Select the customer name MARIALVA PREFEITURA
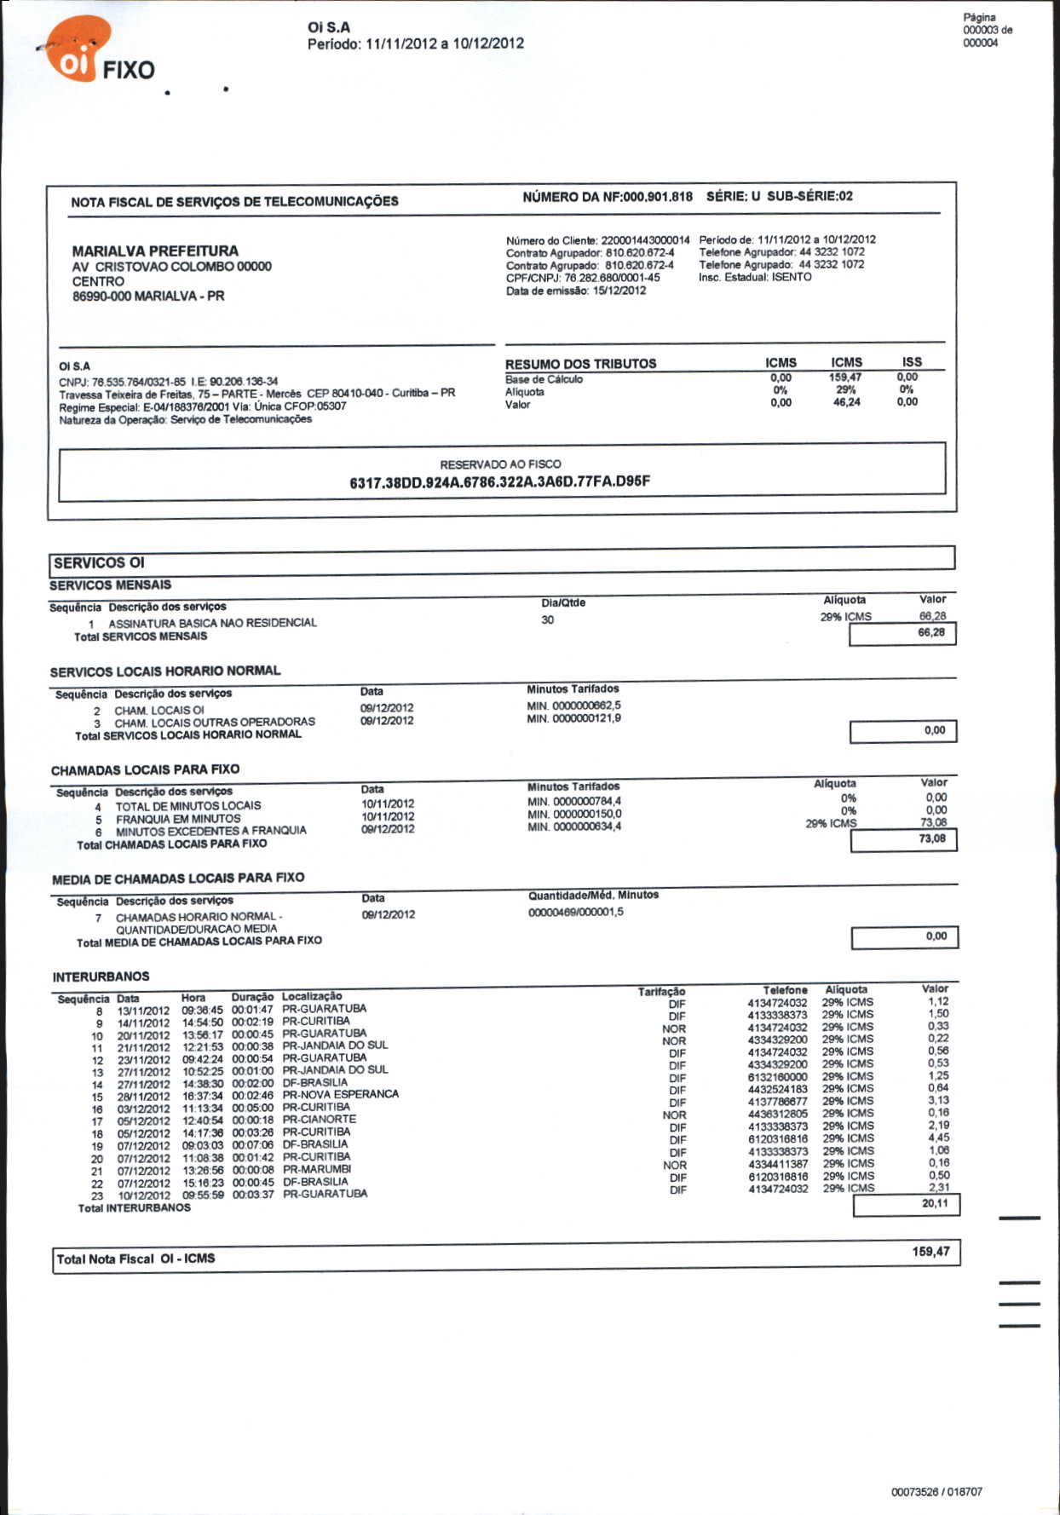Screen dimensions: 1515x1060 click(155, 251)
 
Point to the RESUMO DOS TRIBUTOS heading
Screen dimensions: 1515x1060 click(580, 364)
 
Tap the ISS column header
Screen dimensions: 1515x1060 click(912, 362)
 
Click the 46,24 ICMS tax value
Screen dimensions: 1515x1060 click(846, 402)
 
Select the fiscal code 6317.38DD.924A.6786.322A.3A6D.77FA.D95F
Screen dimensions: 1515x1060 click(499, 481)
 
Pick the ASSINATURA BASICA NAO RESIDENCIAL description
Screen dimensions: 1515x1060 click(212, 623)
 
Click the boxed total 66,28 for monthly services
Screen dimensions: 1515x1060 click(930, 633)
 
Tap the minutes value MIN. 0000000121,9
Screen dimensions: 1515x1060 click(573, 718)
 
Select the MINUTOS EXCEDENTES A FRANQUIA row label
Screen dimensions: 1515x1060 click(210, 831)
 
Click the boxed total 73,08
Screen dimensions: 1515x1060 click(931, 839)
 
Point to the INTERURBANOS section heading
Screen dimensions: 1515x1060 click(101, 976)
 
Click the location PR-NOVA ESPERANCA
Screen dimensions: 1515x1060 click(340, 1094)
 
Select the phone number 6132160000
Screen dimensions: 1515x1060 click(777, 1077)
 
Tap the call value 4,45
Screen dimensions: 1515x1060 click(938, 1138)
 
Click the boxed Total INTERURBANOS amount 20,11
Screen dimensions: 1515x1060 click(935, 1204)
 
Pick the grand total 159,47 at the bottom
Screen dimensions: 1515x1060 click(930, 1252)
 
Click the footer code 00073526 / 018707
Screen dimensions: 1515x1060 click(936, 1492)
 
